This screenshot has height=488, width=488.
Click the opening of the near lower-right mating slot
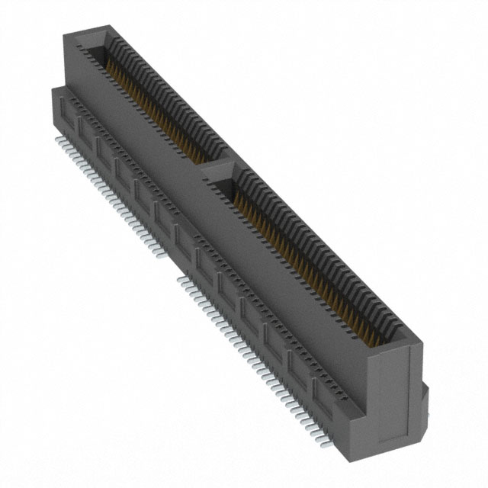click(x=297, y=252)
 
